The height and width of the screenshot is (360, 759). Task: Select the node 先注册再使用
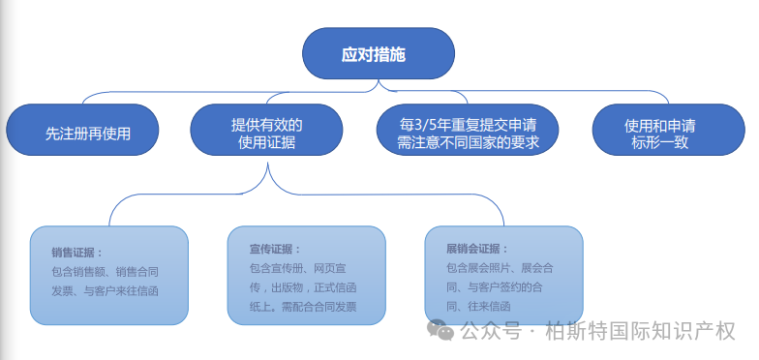[x=81, y=133]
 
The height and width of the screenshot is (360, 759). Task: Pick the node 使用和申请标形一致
[x=658, y=133]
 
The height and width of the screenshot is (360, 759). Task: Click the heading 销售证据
[x=77, y=252]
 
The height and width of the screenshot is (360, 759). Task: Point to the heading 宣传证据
[x=275, y=249]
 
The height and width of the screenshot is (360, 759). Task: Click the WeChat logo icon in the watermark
[x=442, y=330]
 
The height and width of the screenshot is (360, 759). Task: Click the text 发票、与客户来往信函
[x=105, y=290]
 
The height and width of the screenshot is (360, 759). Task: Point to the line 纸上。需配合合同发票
[x=303, y=306]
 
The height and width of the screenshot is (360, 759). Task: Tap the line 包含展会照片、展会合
[x=500, y=267]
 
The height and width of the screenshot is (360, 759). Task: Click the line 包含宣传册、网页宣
[x=303, y=268]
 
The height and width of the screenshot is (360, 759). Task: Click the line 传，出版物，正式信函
[x=303, y=287]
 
